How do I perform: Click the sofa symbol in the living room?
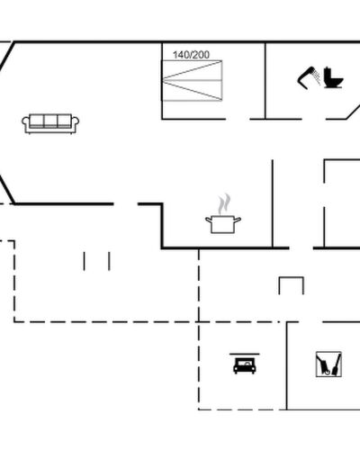pyautogui.click(x=50, y=123)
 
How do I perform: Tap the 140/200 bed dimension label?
pyautogui.click(x=191, y=55)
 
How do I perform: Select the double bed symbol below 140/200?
pyautogui.click(x=192, y=81)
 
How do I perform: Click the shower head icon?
pyautogui.click(x=309, y=77)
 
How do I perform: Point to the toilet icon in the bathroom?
pyautogui.click(x=333, y=77)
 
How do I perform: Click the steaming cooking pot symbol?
pyautogui.click(x=223, y=213)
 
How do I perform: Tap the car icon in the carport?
pyautogui.click(x=245, y=365)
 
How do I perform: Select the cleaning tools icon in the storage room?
pyautogui.click(x=328, y=364)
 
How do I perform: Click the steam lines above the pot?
pyautogui.click(x=224, y=203)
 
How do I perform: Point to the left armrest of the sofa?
pyautogui.click(x=25, y=122)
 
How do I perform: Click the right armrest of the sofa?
pyautogui.click(x=76, y=122)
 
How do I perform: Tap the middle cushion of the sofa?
pyautogui.click(x=50, y=121)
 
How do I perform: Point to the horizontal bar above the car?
pyautogui.click(x=245, y=354)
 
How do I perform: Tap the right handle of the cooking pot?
pyautogui.click(x=238, y=220)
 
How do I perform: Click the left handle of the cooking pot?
pyautogui.click(x=209, y=220)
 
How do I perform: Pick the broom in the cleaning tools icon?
pyautogui.click(x=337, y=364)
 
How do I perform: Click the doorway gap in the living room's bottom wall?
pyautogui.click(x=126, y=204)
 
